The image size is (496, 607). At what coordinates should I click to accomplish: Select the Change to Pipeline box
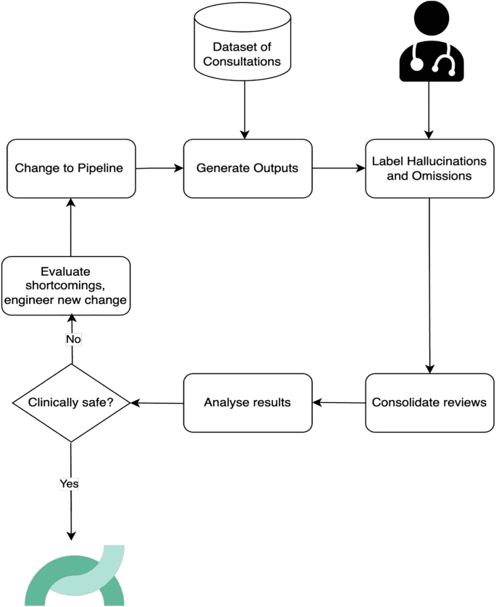pyautogui.click(x=71, y=169)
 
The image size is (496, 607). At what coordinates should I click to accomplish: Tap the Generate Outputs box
pyautogui.click(x=248, y=169)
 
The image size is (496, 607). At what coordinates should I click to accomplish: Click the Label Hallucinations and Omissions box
pyautogui.click(x=429, y=169)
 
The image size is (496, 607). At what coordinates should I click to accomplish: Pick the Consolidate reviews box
pyautogui.click(x=429, y=402)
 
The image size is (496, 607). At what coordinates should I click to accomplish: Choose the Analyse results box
pyautogui.click(x=248, y=402)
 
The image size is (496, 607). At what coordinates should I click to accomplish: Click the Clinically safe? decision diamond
pyautogui.click(x=71, y=403)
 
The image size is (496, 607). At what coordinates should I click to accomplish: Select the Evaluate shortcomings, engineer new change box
pyautogui.click(x=66, y=286)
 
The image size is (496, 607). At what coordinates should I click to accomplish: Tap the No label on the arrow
pyautogui.click(x=73, y=339)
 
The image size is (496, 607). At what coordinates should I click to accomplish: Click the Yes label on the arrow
pyautogui.click(x=70, y=483)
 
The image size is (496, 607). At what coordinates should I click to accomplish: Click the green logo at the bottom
pyautogui.click(x=75, y=576)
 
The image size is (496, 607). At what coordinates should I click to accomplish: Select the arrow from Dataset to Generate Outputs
pyautogui.click(x=245, y=110)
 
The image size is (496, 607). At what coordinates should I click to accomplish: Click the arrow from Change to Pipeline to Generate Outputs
pyautogui.click(x=159, y=168)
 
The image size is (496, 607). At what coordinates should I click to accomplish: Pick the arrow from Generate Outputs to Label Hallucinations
pyautogui.click(x=339, y=168)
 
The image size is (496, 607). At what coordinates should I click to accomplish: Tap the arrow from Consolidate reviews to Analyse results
pyautogui.click(x=339, y=402)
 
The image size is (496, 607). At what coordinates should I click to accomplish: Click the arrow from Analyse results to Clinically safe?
pyautogui.click(x=156, y=403)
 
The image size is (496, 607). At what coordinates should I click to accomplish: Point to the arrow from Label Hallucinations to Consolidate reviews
pyautogui.click(x=429, y=286)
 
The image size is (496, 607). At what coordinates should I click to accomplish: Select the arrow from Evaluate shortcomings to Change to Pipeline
pyautogui.click(x=70, y=227)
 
